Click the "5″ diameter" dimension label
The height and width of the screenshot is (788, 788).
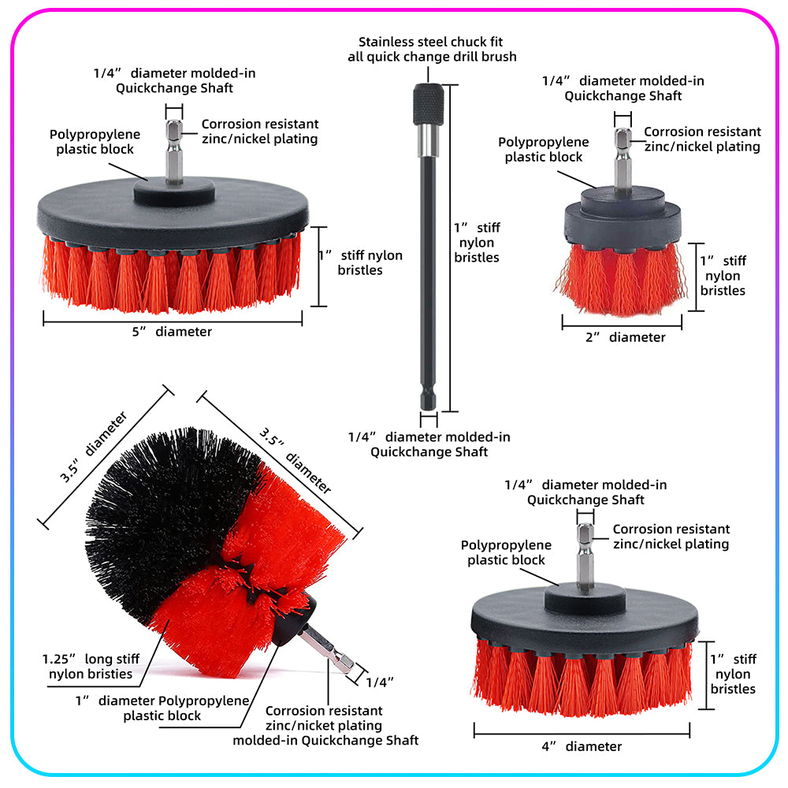[172, 332]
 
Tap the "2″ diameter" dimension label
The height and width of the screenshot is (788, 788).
[625, 337]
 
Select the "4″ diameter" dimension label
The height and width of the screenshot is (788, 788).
[582, 746]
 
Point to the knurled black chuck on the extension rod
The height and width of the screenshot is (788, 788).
[428, 105]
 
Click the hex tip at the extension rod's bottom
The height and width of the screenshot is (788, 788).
[429, 399]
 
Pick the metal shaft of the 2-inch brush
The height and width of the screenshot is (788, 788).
[623, 160]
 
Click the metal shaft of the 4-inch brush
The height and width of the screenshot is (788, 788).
[585, 556]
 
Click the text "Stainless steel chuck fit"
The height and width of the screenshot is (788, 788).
[431, 42]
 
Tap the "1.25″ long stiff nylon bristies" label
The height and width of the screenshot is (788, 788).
[91, 667]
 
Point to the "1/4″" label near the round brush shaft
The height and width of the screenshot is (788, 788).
[380, 682]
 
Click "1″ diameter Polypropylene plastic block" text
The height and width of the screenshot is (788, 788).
[162, 708]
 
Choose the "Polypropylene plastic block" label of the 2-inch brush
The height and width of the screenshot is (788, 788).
[544, 149]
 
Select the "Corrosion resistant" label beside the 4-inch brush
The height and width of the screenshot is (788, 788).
[671, 530]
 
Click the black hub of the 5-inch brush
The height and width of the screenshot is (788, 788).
[174, 191]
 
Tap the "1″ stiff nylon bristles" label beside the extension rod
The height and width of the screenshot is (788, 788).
[477, 243]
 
